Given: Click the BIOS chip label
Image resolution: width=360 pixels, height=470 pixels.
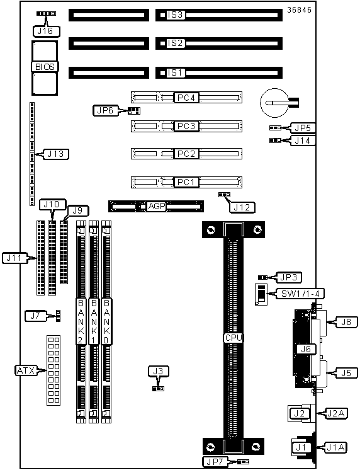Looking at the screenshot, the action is [45, 67].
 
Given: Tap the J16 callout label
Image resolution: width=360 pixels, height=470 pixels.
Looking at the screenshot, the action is [46, 31].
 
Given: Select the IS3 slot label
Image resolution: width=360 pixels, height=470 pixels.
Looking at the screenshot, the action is [175, 14].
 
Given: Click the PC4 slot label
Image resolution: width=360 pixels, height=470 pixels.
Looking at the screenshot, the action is [186, 98].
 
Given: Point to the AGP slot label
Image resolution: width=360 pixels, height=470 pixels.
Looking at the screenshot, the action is [157, 206].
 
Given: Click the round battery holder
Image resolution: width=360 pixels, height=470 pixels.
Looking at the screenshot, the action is [274, 103].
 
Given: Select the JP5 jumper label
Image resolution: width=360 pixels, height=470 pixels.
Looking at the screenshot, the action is [303, 128].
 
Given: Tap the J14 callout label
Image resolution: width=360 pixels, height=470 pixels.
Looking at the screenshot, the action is [303, 140].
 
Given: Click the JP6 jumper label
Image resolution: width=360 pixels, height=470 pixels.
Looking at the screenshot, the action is [106, 110].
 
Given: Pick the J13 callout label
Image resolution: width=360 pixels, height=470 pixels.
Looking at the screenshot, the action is [56, 154].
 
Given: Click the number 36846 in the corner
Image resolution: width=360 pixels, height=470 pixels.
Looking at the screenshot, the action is [299, 10].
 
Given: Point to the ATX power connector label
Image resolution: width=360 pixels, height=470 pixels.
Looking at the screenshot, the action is [26, 370].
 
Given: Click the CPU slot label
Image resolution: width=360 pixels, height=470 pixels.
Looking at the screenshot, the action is [233, 338].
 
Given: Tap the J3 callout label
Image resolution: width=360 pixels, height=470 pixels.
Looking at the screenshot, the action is [159, 371].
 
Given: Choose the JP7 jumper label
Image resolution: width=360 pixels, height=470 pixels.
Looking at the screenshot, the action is [215, 462].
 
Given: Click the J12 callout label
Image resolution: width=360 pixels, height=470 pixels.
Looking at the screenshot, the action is [242, 207].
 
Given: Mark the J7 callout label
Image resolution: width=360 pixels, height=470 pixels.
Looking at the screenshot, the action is [36, 316].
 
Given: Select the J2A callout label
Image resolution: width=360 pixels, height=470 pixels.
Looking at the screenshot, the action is [335, 413].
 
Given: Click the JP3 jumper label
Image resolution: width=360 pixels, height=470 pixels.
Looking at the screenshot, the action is [289, 277].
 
